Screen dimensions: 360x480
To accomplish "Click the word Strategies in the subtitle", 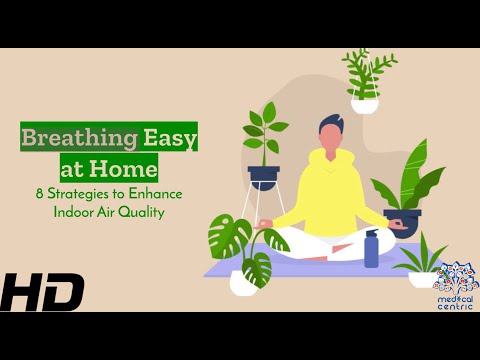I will pos(78,193).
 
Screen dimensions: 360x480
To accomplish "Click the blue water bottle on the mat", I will pos(372,249).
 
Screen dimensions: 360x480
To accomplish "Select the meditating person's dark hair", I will pos(331,127).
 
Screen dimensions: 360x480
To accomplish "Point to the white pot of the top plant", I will pos(365,105).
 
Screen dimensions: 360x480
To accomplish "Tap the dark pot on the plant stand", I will pos(263,177).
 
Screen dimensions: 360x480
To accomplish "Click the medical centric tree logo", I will pos(455,276).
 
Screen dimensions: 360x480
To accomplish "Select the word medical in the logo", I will pos(455,296).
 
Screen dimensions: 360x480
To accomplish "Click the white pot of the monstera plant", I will pos(242,283).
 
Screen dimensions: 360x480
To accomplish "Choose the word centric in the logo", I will pos(455,306).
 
